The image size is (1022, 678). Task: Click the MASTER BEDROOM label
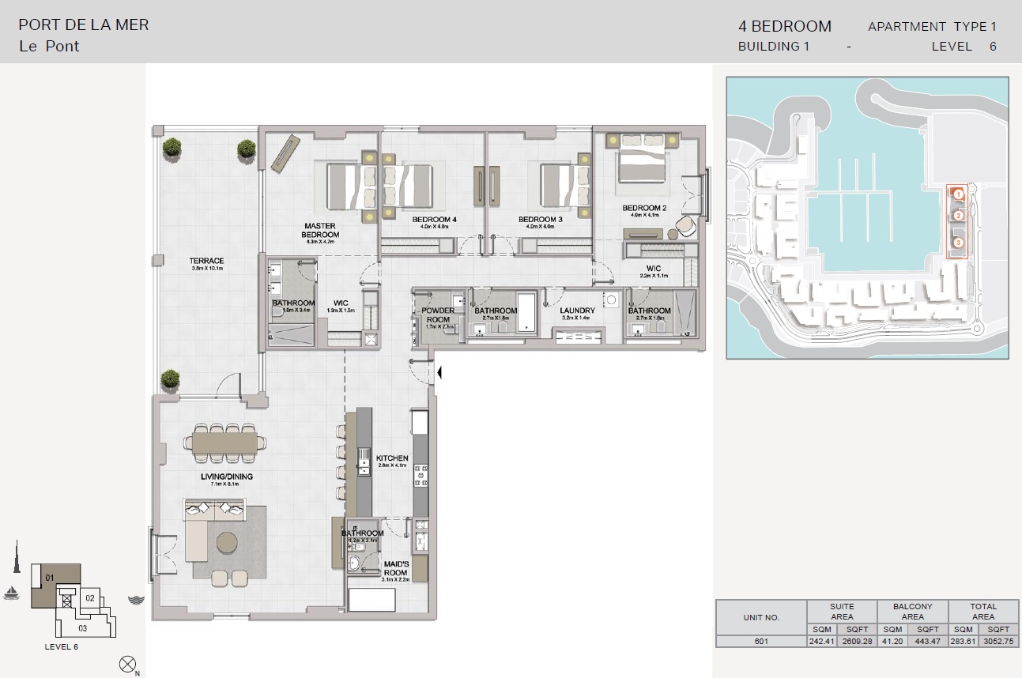click(320, 230)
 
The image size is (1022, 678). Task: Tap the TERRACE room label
click(206, 261)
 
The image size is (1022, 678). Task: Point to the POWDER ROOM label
click(438, 315)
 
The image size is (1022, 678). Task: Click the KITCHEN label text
click(392, 458)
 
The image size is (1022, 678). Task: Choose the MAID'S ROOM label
click(395, 568)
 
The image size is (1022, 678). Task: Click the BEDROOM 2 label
click(644, 208)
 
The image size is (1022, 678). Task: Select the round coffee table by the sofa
click(228, 542)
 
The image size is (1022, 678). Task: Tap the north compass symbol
click(126, 664)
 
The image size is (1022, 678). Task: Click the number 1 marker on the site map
click(957, 194)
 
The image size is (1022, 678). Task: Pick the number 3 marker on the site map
click(958, 243)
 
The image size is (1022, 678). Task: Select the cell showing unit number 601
click(761, 641)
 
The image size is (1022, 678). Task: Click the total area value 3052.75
click(1001, 641)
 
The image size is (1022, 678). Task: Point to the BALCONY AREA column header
click(912, 612)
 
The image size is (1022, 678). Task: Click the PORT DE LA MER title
click(84, 24)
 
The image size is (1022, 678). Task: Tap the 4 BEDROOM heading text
click(784, 26)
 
